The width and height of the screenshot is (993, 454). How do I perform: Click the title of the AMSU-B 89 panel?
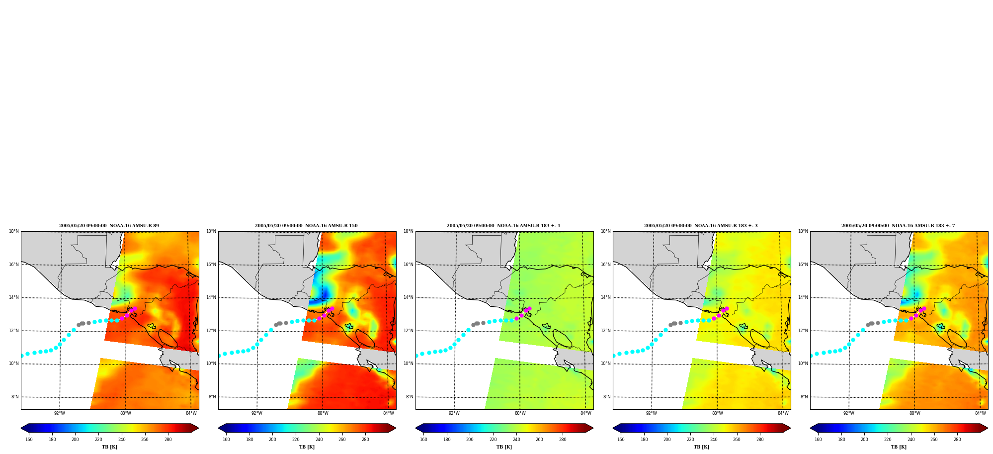coord(109,226)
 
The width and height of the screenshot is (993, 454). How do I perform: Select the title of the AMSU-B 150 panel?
coord(306,226)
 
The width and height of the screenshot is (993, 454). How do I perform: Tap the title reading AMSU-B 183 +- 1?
coord(503,226)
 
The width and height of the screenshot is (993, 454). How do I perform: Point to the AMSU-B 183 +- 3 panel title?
coord(701,226)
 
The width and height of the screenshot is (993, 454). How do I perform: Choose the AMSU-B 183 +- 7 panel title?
coord(898,226)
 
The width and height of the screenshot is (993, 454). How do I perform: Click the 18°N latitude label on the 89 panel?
coord(14,231)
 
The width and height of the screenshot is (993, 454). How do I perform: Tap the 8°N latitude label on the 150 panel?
coord(212,397)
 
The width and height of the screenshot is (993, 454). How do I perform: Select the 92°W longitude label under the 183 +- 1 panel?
coord(454,413)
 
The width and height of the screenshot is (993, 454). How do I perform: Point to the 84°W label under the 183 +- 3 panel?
coord(783,413)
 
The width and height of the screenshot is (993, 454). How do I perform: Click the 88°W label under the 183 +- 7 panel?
coord(915,413)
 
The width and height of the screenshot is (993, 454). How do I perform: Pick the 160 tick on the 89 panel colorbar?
coord(29,439)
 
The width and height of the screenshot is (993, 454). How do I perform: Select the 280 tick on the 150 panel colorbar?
coord(365,439)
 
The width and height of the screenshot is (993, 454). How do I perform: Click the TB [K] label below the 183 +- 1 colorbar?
coord(504,447)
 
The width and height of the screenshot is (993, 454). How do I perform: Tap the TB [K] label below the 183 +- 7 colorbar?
coord(899,447)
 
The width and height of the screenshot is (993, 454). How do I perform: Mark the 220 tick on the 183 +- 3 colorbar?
coord(690,439)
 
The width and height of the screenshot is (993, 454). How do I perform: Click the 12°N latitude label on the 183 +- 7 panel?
coord(803,331)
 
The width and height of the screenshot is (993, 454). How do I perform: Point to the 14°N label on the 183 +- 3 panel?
coord(606,297)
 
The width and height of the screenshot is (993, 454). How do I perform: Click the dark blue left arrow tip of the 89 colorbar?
coord(21,428)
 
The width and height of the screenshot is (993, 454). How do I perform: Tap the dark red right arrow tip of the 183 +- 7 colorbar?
coord(988,428)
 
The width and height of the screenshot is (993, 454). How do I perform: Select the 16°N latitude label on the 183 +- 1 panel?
coord(409,265)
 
